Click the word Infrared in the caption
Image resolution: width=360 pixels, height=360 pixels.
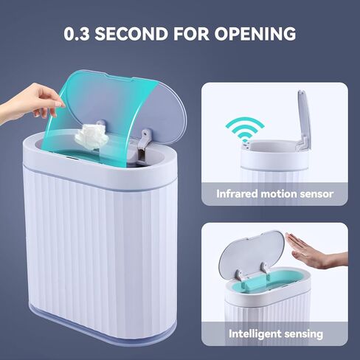(237, 195)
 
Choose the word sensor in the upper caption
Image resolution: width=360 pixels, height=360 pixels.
(316, 195)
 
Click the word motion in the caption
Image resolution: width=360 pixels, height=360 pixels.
(278, 195)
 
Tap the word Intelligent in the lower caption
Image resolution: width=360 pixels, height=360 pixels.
(252, 333)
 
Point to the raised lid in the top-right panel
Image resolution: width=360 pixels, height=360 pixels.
(303, 118)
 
